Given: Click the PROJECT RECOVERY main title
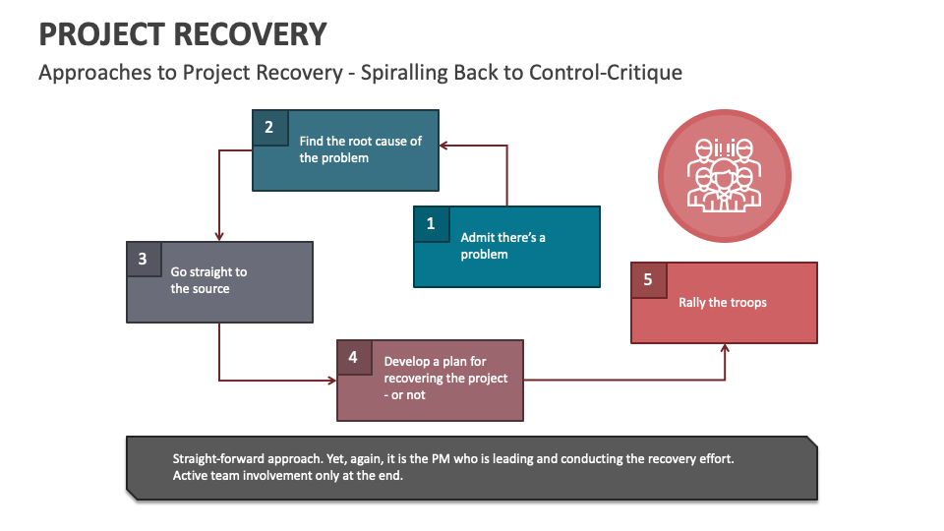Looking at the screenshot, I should [x=182, y=34].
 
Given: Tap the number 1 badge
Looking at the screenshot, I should [x=431, y=224].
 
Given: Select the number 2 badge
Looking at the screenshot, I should [x=269, y=127].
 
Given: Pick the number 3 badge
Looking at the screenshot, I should [x=144, y=260].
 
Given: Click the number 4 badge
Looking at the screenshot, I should [x=353, y=357].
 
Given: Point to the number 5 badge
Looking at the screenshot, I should [x=648, y=279].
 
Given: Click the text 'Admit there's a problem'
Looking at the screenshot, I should [x=502, y=246].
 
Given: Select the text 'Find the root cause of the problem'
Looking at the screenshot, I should [x=360, y=149].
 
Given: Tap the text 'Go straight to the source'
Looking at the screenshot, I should [x=208, y=280].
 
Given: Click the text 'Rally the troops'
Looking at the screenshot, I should [x=722, y=303].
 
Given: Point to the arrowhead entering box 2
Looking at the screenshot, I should [x=443, y=146].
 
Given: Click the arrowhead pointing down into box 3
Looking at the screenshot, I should [x=219, y=236].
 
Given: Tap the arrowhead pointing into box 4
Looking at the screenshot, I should [x=331, y=380].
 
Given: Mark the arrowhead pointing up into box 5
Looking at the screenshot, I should [x=726, y=348].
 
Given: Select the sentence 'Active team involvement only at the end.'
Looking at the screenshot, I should [x=288, y=476].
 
